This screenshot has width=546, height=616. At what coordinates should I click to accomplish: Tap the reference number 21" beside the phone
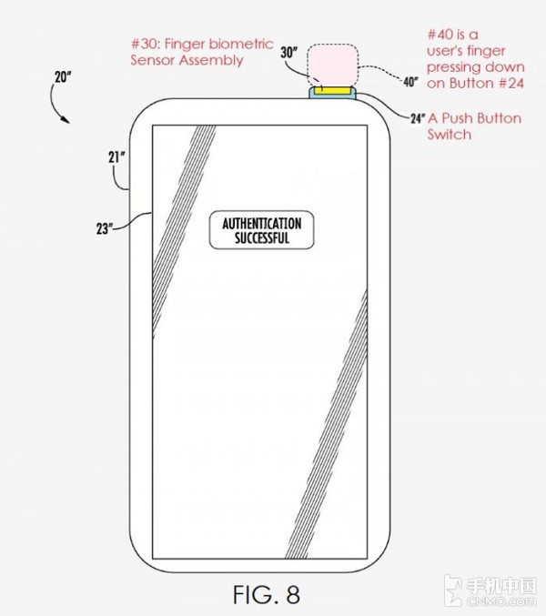click(116, 157)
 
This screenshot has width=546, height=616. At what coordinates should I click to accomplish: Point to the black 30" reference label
click(290, 53)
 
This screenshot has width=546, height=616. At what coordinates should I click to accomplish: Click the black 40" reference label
click(409, 83)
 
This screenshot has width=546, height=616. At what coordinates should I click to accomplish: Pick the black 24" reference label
click(419, 118)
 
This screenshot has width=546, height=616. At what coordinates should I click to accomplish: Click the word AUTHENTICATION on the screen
click(256, 223)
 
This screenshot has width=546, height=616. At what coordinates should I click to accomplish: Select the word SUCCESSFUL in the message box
click(256, 238)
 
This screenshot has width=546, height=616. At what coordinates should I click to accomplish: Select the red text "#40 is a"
click(452, 35)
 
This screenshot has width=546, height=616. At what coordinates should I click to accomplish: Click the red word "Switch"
click(449, 135)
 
